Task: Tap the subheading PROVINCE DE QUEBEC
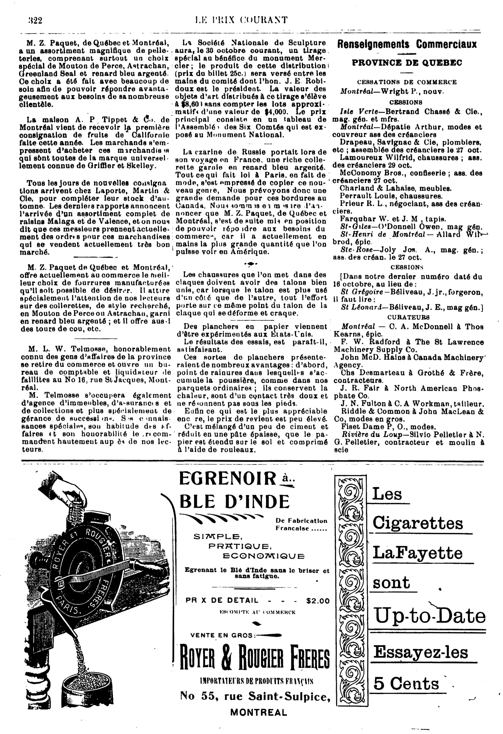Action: coord(407,63)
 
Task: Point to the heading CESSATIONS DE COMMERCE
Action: coord(407,82)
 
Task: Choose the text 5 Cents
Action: coord(406,684)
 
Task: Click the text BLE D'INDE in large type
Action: coord(234,501)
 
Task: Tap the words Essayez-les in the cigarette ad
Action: coord(420,651)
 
